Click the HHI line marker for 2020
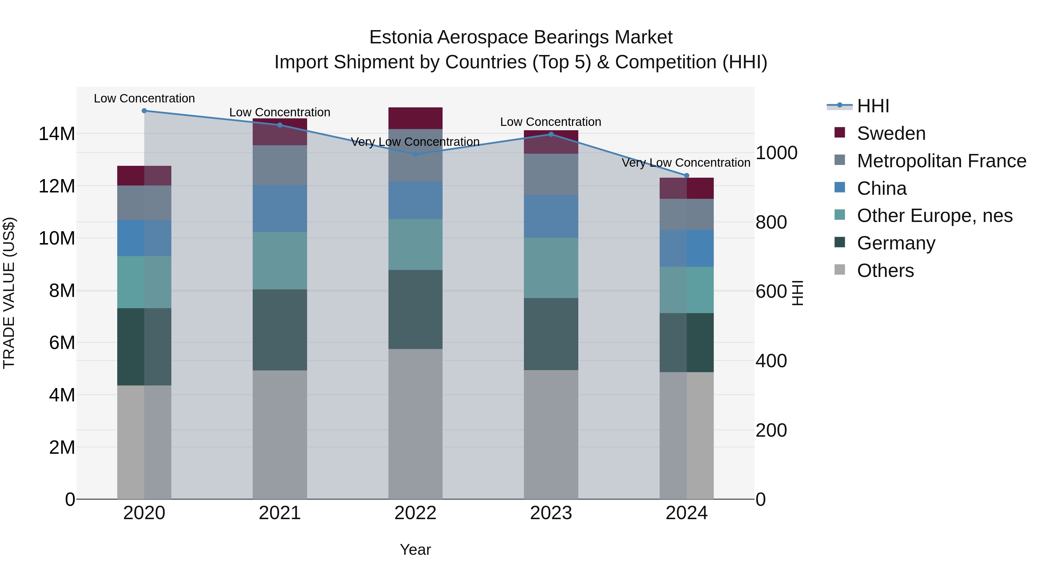tap(144, 111)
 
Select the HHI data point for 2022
tap(415, 154)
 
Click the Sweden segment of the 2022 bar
tap(415, 118)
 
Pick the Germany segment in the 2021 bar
tap(280, 330)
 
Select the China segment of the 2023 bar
tap(551, 216)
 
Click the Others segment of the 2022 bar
tap(415, 424)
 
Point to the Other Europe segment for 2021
tap(280, 260)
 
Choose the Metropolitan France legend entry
tap(941, 161)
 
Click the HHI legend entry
tap(872, 106)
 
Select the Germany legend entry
tap(896, 243)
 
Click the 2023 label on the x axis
tap(551, 513)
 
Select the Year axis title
tap(415, 550)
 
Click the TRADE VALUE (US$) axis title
tap(9, 293)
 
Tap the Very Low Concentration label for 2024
tap(686, 163)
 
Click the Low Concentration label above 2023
tap(551, 122)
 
